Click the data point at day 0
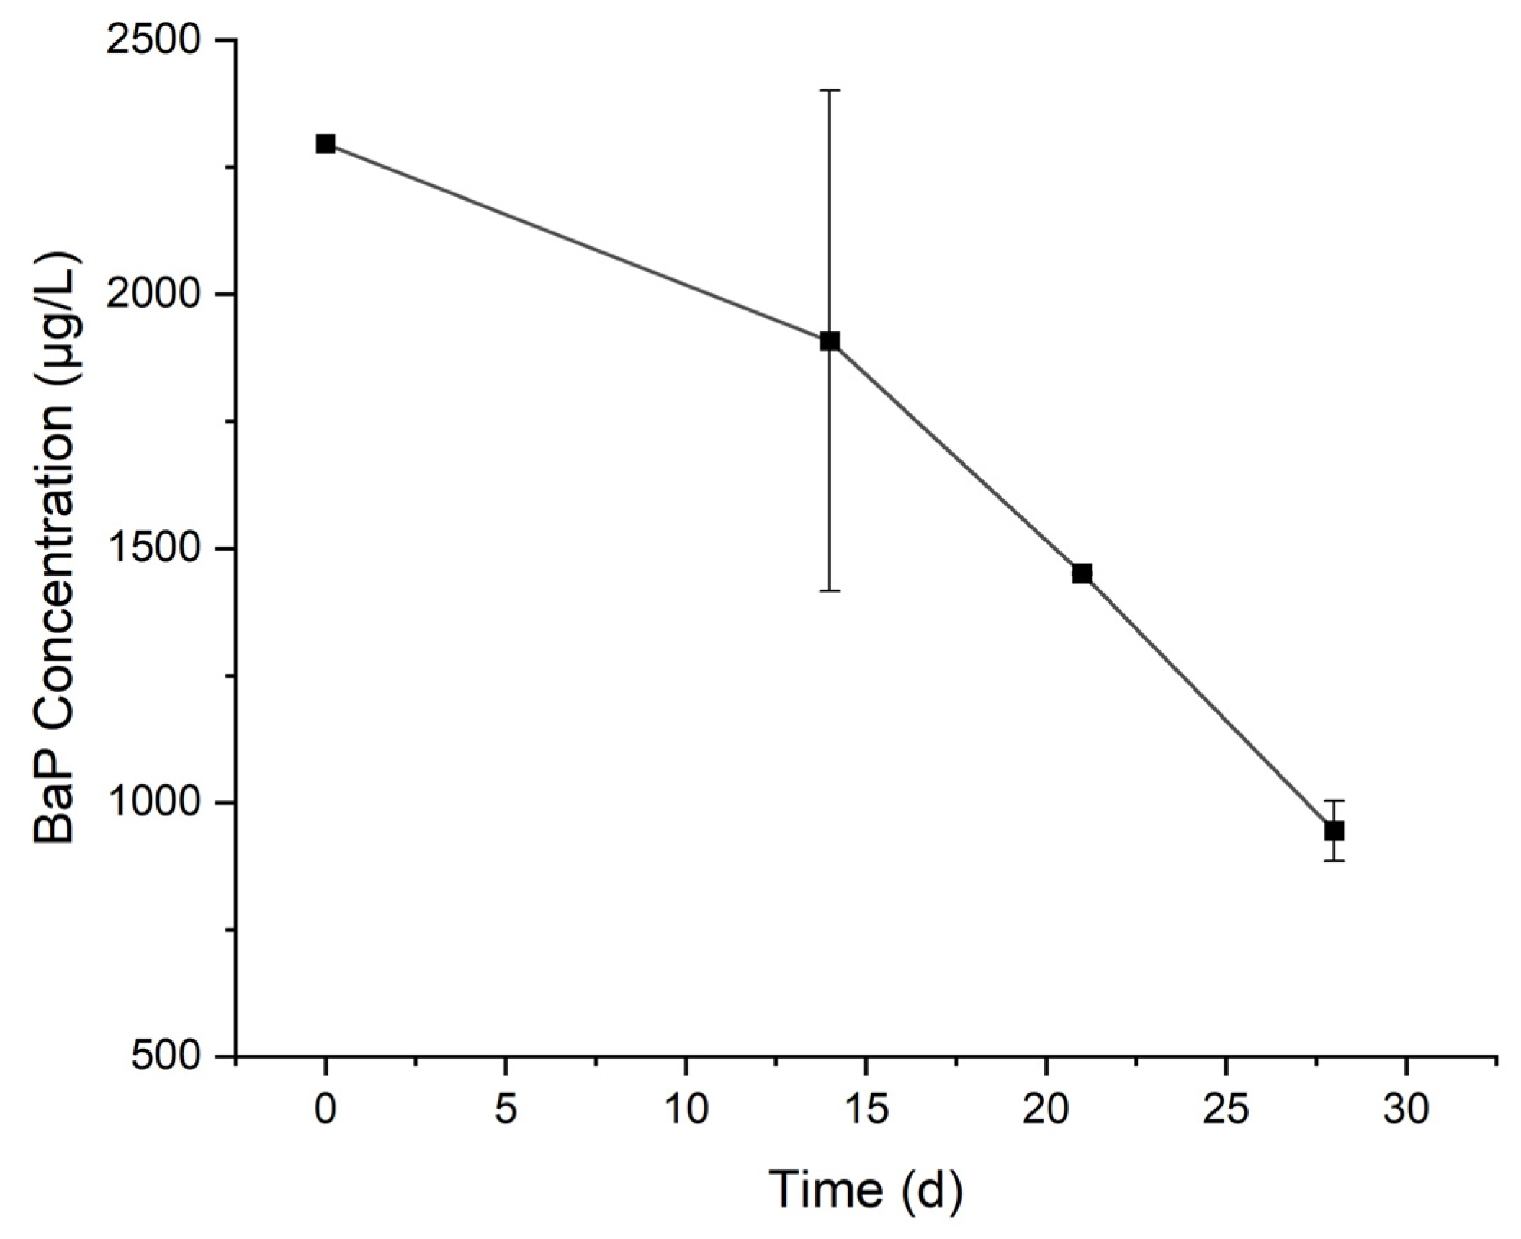[326, 144]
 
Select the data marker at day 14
[830, 341]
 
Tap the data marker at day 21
[1082, 573]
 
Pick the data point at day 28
[1334, 831]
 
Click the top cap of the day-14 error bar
[830, 91]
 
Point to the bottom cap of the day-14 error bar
[830, 591]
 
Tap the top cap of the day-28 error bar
[1334, 800]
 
